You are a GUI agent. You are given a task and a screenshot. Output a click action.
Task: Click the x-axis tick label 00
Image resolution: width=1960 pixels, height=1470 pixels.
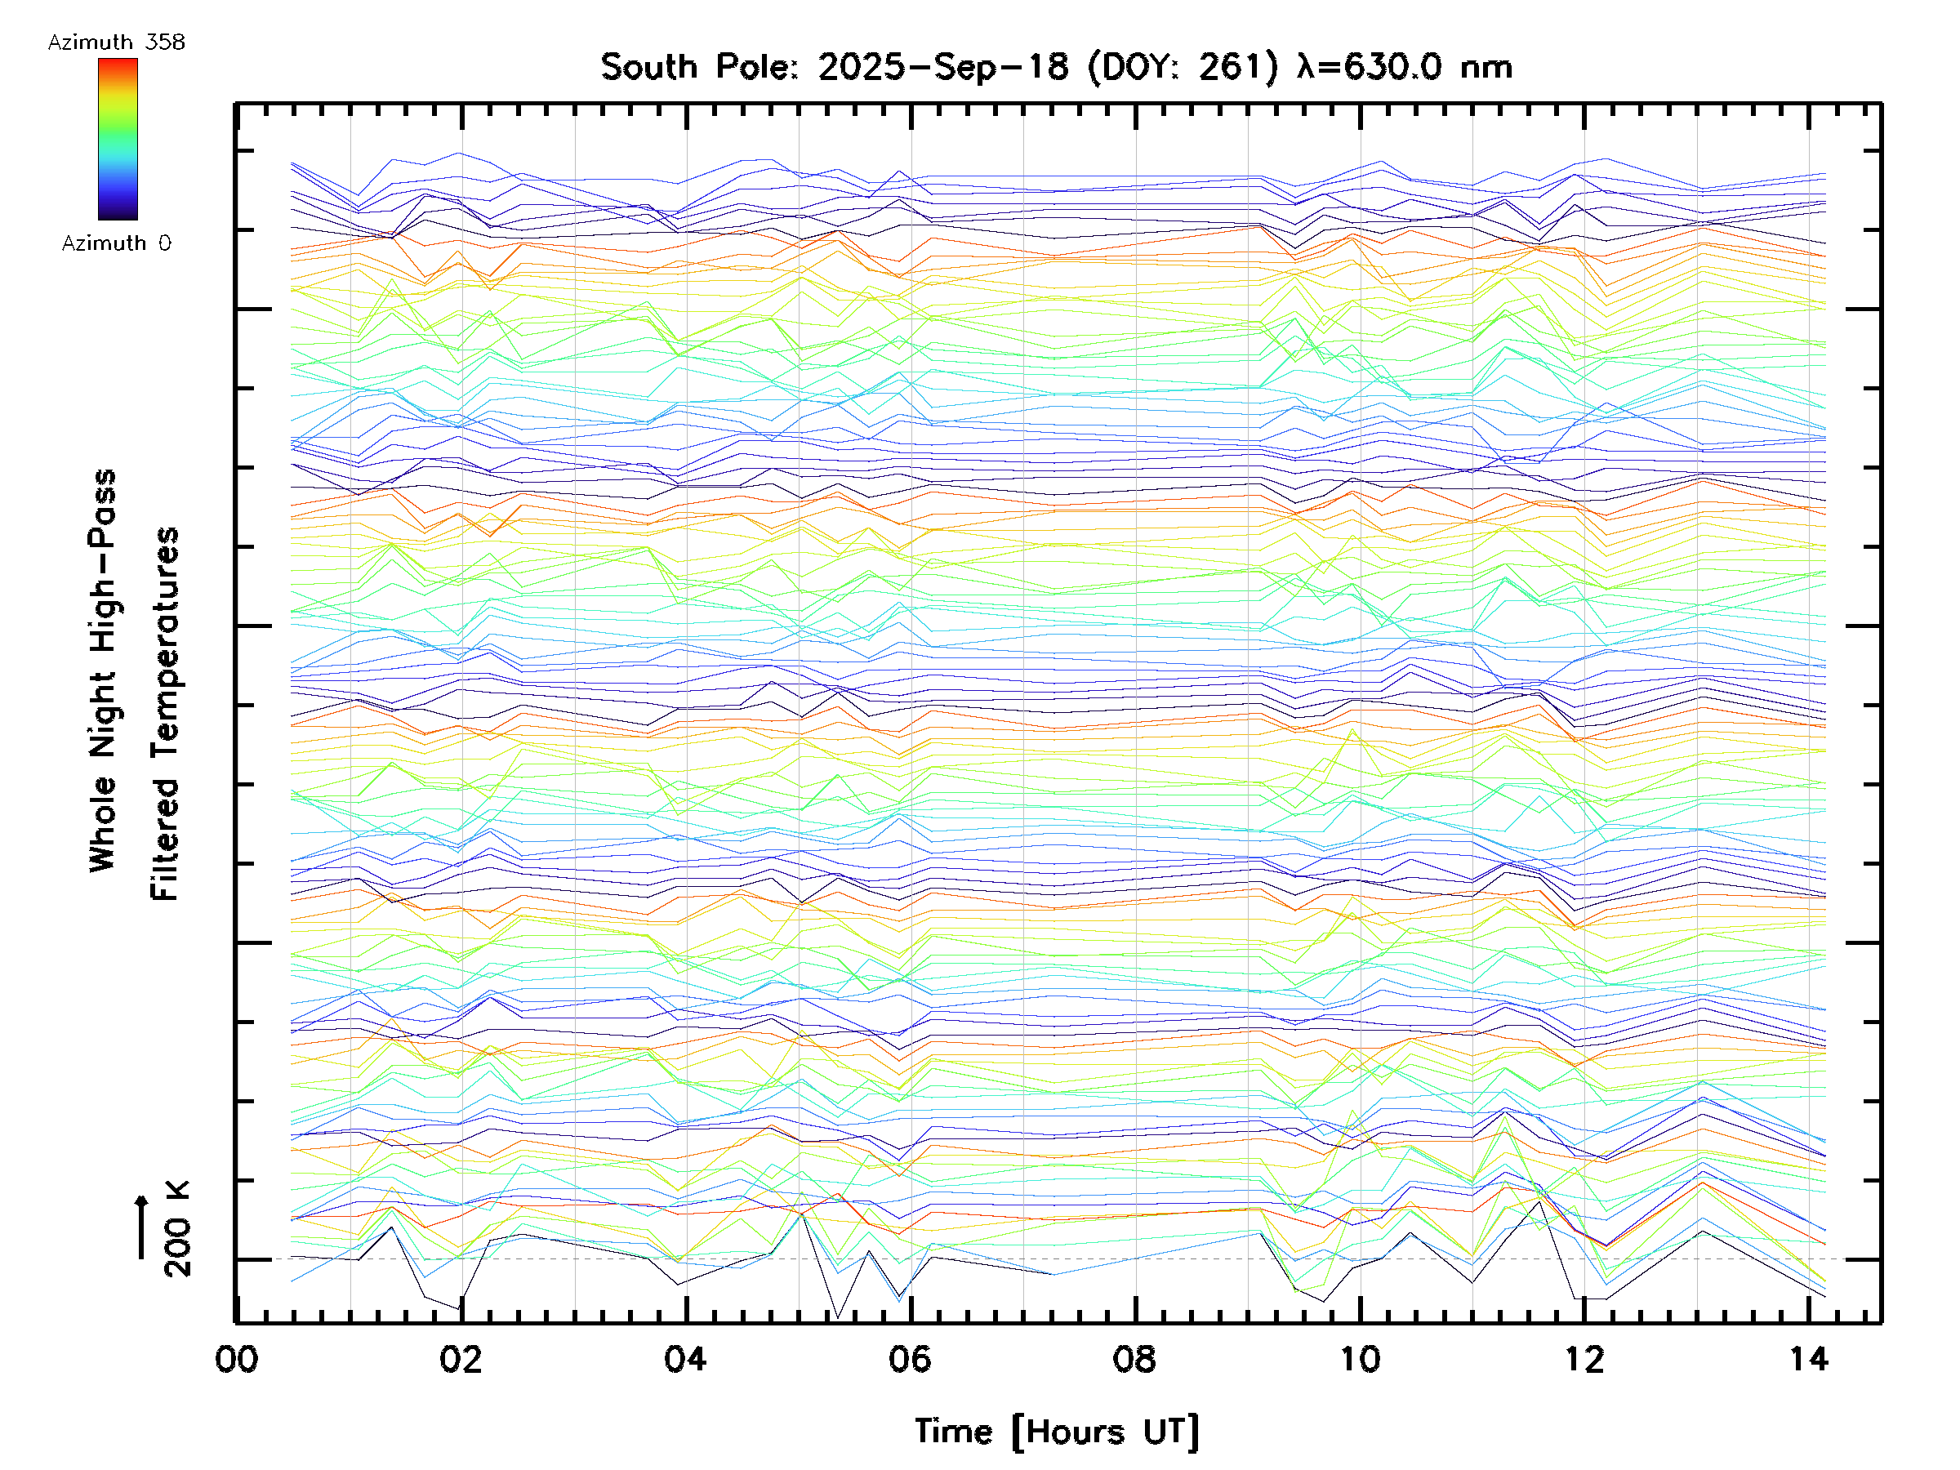pos(237,1358)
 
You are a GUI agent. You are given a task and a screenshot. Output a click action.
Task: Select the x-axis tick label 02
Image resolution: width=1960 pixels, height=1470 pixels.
pos(461,1358)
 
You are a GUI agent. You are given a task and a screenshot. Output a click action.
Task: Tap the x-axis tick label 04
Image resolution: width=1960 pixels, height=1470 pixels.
pos(686,1358)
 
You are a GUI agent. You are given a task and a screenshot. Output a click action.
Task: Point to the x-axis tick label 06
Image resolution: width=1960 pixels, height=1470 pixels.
pos(910,1358)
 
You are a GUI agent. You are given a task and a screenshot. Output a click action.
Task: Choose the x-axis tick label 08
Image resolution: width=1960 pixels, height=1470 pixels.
pos(1134,1358)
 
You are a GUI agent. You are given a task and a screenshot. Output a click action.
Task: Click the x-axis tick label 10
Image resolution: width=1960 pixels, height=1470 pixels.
pos(1359,1358)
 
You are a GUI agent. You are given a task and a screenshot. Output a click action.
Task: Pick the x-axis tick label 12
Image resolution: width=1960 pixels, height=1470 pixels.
pos(1584,1358)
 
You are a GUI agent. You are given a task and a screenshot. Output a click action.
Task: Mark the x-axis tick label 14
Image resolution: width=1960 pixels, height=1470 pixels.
pos(1808,1358)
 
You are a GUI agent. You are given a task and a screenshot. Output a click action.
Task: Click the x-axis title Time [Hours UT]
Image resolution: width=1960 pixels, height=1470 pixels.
pos(1057,1432)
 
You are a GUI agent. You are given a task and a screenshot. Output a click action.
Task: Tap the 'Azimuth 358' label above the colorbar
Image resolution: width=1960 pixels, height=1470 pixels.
pos(116,42)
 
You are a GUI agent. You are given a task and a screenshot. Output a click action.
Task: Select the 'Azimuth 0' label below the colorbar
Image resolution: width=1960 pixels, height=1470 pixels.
pos(116,243)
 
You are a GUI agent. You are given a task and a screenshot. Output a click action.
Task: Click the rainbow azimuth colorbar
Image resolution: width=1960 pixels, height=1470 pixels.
pos(118,139)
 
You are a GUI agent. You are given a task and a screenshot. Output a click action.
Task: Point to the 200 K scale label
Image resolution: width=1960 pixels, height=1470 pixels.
pos(177,1229)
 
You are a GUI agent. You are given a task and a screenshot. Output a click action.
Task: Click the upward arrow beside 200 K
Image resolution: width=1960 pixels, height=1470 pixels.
pos(142,1227)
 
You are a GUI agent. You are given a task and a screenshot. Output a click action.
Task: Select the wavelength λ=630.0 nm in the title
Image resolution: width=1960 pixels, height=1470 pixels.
pos(1404,67)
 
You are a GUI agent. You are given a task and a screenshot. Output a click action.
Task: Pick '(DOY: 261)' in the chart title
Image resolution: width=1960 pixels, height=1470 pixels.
pos(1183,67)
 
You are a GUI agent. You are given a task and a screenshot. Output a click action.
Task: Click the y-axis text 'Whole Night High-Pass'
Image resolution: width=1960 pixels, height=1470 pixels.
pos(103,670)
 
